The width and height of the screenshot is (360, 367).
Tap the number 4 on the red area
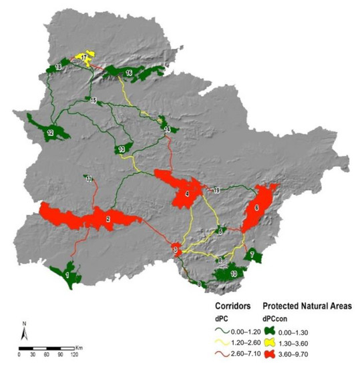pyautogui.click(x=187, y=195)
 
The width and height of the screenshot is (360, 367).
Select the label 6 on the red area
pyautogui.click(x=256, y=208)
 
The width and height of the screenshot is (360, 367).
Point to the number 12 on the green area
pyautogui.click(x=50, y=133)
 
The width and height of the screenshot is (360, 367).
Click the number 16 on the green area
pyautogui.click(x=128, y=71)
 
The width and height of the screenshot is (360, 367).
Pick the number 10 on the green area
pyautogui.click(x=233, y=274)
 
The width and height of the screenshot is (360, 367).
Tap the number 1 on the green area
pyautogui.click(x=68, y=274)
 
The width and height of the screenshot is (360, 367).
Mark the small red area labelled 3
pyautogui.click(x=176, y=250)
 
